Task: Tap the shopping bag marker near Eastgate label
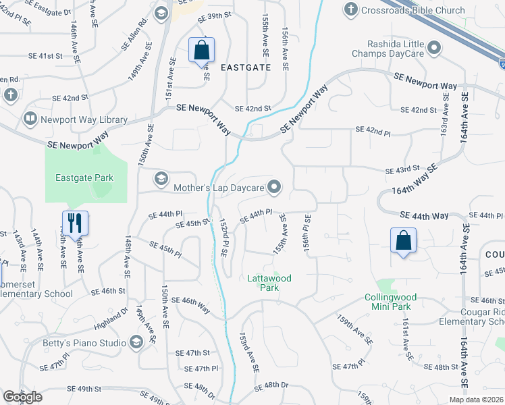(x=201, y=50)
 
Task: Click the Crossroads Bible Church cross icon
(x=350, y=9)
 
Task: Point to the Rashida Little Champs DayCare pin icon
(x=434, y=48)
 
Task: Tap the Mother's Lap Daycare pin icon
(x=275, y=187)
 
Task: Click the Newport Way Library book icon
(x=30, y=119)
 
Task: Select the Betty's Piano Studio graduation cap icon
(x=138, y=342)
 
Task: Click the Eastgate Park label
(x=84, y=178)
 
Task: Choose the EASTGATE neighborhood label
(x=246, y=67)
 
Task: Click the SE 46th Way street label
(x=190, y=305)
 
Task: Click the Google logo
(x=22, y=398)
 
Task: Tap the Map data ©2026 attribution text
(x=477, y=400)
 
